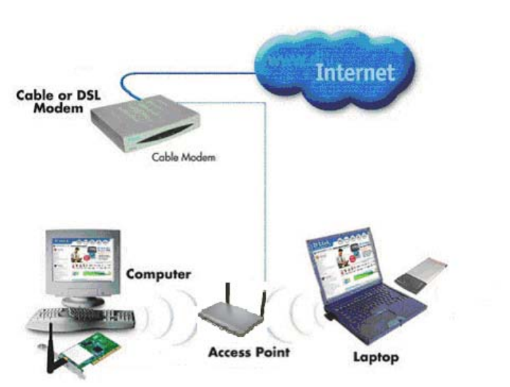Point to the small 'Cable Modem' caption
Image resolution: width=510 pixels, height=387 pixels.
click(183, 157)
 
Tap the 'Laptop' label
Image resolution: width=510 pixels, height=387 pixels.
click(375, 357)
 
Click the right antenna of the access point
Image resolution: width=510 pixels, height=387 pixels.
click(262, 302)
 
